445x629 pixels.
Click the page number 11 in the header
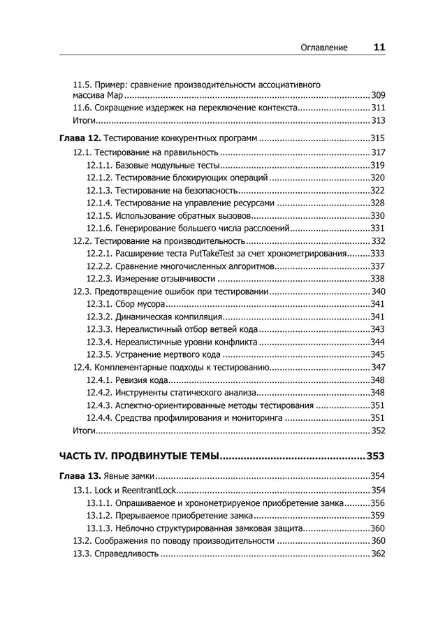tap(379, 48)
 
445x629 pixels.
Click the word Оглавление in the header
tap(324, 48)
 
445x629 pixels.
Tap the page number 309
tap(378, 95)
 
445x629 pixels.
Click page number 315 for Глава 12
tap(378, 138)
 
